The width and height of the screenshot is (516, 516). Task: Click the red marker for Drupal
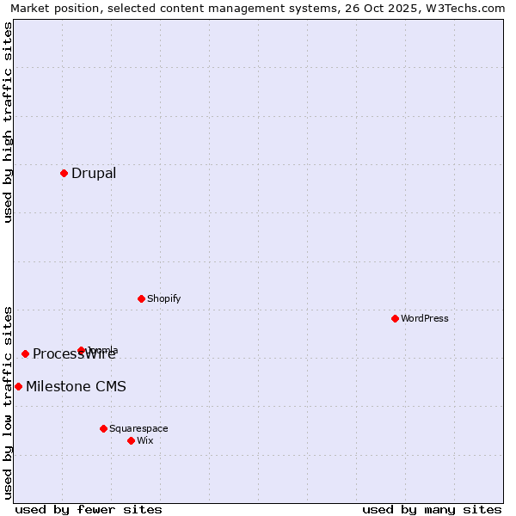pyautogui.click(x=64, y=173)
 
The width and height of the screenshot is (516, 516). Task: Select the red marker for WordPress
pyautogui.click(x=395, y=318)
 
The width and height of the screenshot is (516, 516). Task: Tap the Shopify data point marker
pyautogui.click(x=141, y=298)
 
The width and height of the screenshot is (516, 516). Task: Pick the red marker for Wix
pyautogui.click(x=131, y=440)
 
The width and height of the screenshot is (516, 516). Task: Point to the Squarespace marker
pyautogui.click(x=103, y=428)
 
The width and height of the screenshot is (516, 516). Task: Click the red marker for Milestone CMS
pyautogui.click(x=18, y=386)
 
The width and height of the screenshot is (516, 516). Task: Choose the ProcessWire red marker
pyautogui.click(x=25, y=353)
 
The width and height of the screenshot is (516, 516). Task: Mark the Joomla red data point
pyautogui.click(x=81, y=350)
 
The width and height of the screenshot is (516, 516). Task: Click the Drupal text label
pyautogui.click(x=94, y=173)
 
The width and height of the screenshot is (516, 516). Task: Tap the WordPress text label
pyautogui.click(x=425, y=318)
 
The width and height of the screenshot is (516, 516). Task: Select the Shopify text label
pyautogui.click(x=163, y=298)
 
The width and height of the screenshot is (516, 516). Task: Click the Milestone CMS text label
pyautogui.click(x=76, y=386)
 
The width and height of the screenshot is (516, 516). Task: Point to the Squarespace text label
pyautogui.click(x=138, y=428)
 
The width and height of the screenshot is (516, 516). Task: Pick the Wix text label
pyautogui.click(x=144, y=440)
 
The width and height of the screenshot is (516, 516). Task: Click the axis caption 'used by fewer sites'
pyautogui.click(x=89, y=509)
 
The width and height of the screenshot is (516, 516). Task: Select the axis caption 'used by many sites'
pyautogui.click(x=432, y=509)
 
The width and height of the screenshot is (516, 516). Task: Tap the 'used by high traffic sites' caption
pyautogui.click(x=8, y=122)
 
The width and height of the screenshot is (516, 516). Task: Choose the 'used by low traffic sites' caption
pyautogui.click(x=8, y=402)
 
